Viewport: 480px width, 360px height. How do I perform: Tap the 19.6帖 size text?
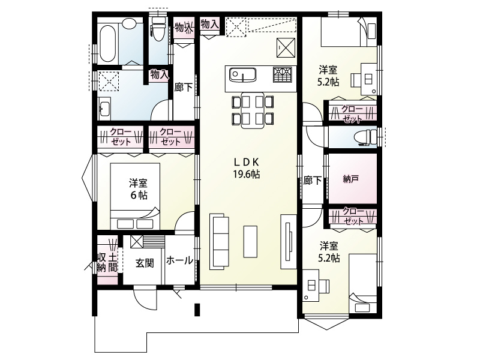click(246, 175)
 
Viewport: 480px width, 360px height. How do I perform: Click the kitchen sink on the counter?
click(244, 75)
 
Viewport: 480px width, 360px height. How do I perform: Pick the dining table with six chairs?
click(252, 110)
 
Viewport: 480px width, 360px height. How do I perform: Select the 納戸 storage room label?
click(351, 179)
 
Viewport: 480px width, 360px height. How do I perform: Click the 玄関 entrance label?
click(143, 262)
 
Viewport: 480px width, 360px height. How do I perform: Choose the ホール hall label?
click(179, 260)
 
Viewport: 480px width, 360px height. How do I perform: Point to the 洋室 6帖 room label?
click(139, 189)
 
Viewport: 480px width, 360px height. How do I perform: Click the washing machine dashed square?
click(109, 80)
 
